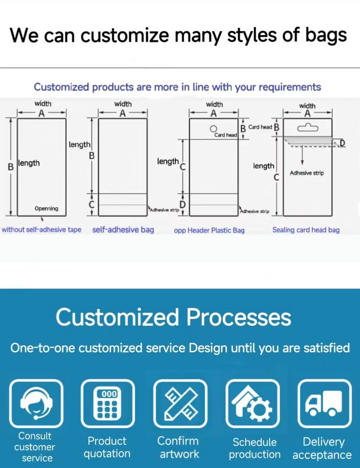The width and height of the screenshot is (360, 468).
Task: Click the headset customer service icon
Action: (36, 403)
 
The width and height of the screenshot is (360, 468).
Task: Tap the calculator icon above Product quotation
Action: (108, 403)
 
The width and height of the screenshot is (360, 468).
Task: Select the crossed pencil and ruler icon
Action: (180, 403)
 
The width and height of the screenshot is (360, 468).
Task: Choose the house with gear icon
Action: (253, 403)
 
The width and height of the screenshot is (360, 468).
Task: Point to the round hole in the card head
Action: (213, 129)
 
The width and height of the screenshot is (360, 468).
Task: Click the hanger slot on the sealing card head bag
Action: (308, 128)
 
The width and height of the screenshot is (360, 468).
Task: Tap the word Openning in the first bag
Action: (46, 208)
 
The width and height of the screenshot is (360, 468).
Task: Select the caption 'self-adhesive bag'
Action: (123, 230)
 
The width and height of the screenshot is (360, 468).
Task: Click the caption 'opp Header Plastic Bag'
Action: (209, 230)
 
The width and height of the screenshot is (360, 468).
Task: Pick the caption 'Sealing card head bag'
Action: (306, 230)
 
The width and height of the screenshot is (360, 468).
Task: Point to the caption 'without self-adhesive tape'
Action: (41, 230)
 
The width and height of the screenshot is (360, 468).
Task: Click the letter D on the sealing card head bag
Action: (342, 143)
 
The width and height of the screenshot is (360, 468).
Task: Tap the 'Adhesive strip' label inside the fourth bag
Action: (307, 173)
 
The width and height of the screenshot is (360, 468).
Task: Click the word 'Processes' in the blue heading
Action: (239, 317)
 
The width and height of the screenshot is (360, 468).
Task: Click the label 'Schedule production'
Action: (254, 448)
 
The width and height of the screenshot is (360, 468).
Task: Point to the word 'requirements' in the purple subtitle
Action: (290, 87)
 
